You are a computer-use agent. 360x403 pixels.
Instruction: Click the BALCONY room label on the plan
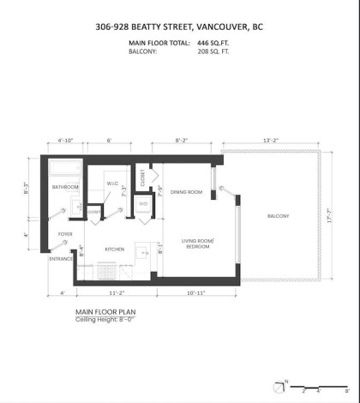(278, 215)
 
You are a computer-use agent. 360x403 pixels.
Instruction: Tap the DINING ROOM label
(186, 193)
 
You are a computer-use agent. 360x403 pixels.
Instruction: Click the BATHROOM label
(65, 187)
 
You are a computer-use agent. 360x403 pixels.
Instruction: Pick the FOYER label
(65, 233)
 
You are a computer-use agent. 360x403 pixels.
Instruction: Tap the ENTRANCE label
(61, 258)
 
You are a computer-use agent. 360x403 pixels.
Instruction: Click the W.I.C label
(112, 183)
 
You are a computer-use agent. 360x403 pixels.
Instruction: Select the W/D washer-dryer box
(143, 204)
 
